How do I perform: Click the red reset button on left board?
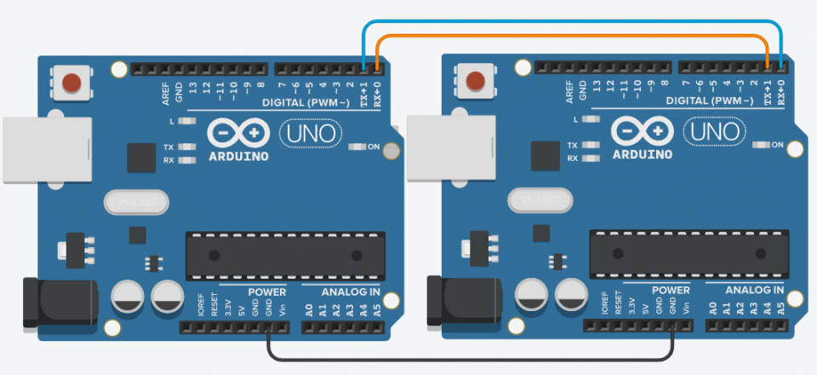pos(71,83)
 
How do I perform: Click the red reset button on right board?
pos(477,81)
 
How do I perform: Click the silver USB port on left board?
pos(47,150)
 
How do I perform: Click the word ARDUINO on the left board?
pos(239,156)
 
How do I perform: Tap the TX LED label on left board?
pos(169,147)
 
